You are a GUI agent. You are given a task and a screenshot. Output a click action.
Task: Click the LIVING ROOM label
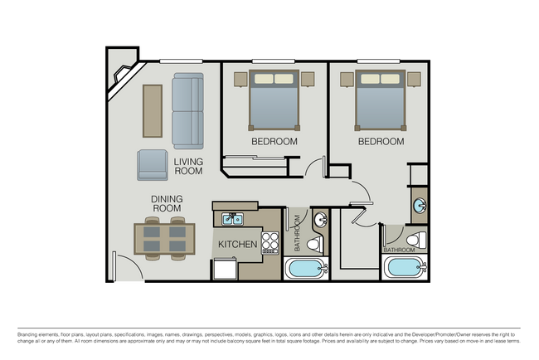[188, 166]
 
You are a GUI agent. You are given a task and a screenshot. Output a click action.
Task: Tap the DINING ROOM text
[167, 204]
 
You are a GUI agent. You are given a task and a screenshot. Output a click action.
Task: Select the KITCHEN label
[237, 245]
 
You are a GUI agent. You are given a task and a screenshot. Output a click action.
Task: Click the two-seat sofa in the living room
[187, 110]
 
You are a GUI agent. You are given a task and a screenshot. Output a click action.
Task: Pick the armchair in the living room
[153, 164]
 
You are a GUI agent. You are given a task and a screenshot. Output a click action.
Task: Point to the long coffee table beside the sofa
[153, 110]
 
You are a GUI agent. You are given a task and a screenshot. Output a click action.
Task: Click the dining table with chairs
[166, 240]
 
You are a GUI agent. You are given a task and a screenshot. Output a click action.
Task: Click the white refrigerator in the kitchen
[225, 268]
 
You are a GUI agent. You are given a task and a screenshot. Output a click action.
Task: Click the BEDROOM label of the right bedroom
[381, 142]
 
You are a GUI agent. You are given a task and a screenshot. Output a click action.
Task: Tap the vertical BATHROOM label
[297, 235]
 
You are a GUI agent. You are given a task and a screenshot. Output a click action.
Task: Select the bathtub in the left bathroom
[306, 269]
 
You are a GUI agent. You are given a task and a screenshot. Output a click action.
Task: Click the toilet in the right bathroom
[420, 240]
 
